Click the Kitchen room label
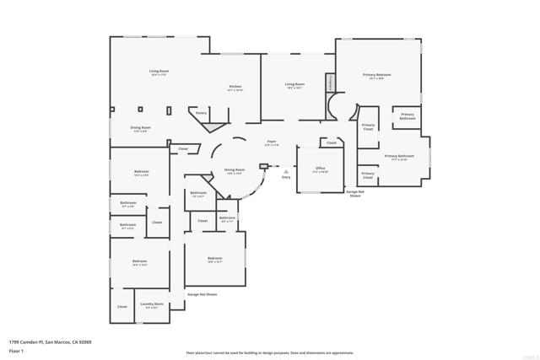point(234,88)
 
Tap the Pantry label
point(202,112)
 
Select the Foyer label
point(272,142)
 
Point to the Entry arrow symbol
point(286,171)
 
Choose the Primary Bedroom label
point(377,76)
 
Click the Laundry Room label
point(152,304)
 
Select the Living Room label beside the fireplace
point(294,85)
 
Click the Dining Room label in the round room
point(235,171)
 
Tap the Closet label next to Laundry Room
point(122,307)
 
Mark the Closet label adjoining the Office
point(332,143)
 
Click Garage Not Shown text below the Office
point(354,194)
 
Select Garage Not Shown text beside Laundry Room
point(202,294)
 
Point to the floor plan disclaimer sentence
point(270,352)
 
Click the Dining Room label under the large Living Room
point(140,129)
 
